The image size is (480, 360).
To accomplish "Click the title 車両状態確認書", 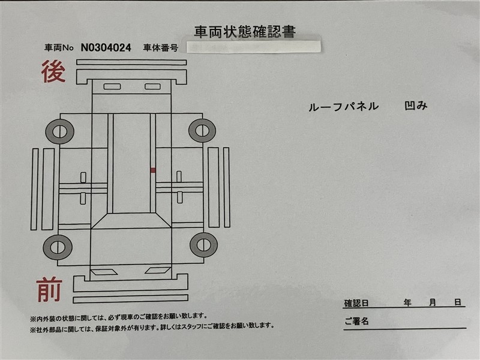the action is [x=245, y=32].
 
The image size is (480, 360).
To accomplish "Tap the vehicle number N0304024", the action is [x=106, y=47].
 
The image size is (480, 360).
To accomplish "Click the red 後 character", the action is [x=53, y=71].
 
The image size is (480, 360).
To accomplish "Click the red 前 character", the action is [x=50, y=289].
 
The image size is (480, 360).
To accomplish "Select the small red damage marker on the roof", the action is [x=153, y=170].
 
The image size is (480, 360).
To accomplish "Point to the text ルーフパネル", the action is [x=343, y=107].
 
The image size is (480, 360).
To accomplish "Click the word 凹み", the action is [x=416, y=106].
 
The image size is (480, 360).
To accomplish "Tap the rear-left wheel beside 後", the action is [x=59, y=131].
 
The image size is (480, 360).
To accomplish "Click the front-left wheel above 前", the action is [x=58, y=247].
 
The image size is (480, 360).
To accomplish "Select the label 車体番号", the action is [x=160, y=48].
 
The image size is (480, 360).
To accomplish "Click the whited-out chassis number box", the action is [x=254, y=47].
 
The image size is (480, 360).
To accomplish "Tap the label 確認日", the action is [x=356, y=303].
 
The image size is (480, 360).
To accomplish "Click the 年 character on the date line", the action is [x=407, y=303].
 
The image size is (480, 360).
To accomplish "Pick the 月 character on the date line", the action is [x=432, y=303].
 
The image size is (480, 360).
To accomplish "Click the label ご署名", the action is [x=356, y=321].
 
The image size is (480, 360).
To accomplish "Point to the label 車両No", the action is [x=59, y=48].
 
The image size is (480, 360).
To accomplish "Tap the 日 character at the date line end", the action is [x=458, y=302].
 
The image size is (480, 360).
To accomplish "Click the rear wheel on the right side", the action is [x=202, y=131].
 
